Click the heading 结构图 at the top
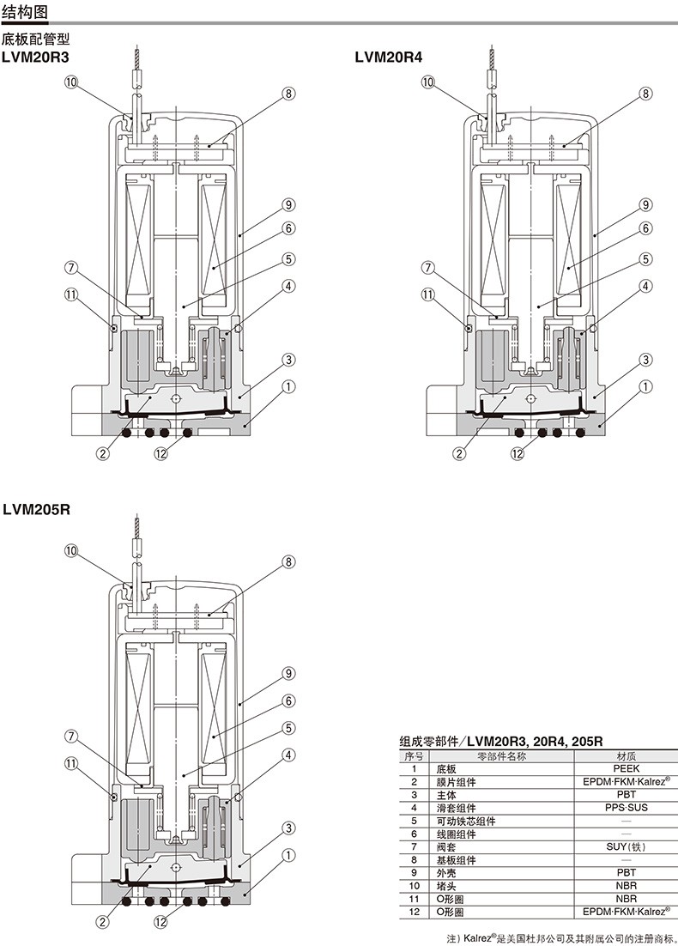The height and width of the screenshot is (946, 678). coord(25,11)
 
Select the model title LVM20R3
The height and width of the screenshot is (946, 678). coord(35,58)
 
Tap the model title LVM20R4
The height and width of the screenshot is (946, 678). coord(389,58)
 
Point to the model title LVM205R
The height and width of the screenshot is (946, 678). coord(36,509)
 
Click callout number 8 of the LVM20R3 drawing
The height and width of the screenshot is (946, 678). coord(288,94)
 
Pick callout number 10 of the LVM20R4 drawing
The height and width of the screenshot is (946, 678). coord(427,82)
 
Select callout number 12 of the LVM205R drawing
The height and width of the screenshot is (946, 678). coord(161,923)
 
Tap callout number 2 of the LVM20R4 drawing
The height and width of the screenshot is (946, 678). coord(460,454)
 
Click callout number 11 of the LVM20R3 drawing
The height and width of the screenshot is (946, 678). coord(72,294)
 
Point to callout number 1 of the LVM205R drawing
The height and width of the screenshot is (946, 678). coord(289,855)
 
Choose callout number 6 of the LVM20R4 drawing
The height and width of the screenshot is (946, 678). coord(646,228)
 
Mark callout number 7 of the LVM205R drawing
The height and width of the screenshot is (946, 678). coord(72,737)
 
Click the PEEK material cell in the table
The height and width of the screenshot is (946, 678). coord(627,768)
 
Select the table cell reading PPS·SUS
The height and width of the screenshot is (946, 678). coord(627,808)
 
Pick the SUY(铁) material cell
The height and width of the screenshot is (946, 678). coord(627,847)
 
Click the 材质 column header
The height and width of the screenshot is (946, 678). coord(627,756)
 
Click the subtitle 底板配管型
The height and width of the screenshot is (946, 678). coord(36,39)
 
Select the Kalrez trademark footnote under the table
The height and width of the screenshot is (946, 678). coord(561,939)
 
